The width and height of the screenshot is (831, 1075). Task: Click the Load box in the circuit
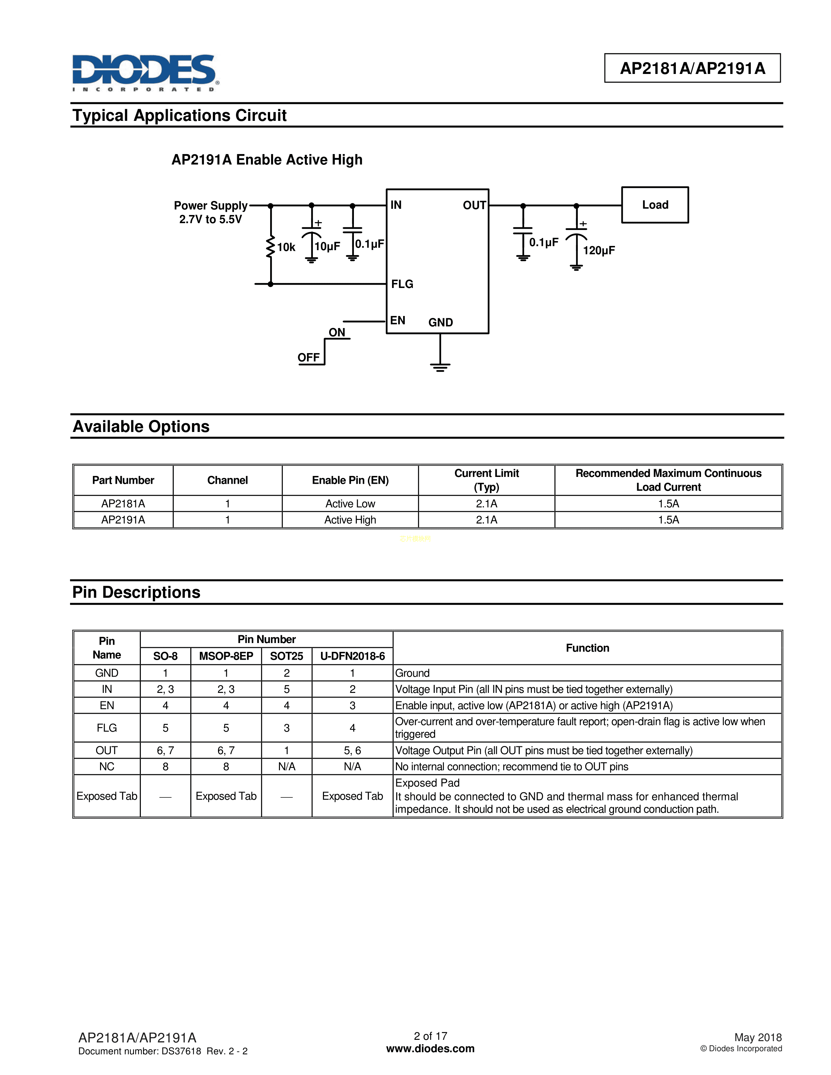655,205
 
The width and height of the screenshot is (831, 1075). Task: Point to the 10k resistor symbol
270,247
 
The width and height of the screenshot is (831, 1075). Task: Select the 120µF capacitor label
599,251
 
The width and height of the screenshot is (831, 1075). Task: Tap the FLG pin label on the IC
402,284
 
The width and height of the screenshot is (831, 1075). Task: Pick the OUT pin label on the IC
474,205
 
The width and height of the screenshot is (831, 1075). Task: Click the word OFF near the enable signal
308,357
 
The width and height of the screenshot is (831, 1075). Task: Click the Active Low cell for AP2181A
350,504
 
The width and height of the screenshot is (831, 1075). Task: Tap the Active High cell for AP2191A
350,520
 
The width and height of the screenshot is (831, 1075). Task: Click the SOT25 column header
286,656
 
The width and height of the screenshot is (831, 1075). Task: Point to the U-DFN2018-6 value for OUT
353,750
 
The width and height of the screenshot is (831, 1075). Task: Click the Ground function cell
413,673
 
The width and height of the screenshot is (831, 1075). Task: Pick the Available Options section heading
141,426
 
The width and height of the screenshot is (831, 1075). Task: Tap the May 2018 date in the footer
758,1037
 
